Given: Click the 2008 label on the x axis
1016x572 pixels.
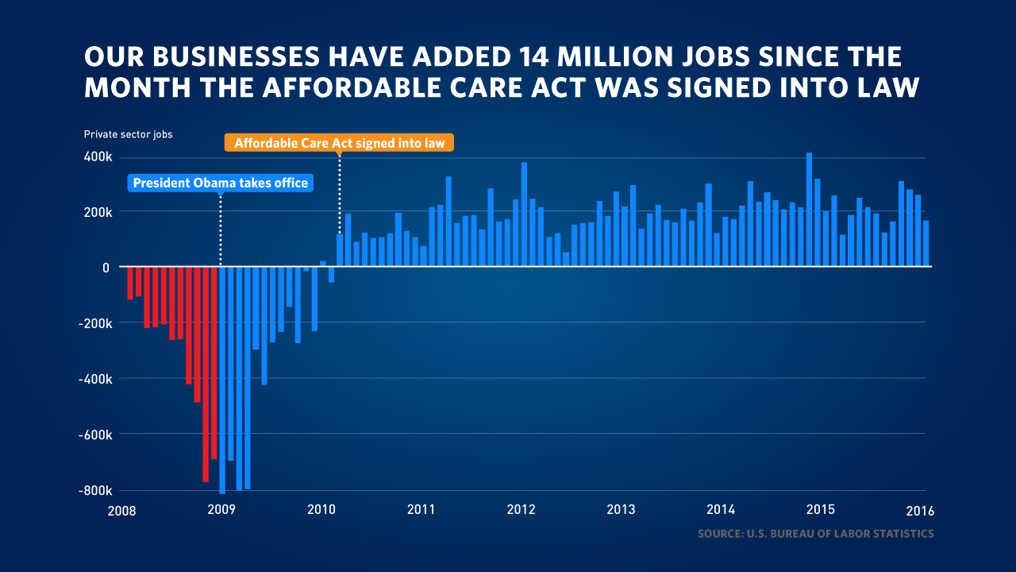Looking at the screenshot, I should tap(121, 510).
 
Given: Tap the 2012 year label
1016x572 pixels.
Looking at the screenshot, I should tap(521, 510).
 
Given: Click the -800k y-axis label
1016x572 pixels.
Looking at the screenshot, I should tap(94, 490).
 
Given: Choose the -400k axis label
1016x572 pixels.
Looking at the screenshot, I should tap(94, 379).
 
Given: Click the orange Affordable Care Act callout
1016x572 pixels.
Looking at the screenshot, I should tap(339, 143).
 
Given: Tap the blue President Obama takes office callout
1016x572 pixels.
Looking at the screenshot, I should tap(220, 184).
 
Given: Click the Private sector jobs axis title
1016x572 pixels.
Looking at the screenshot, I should tap(128, 134).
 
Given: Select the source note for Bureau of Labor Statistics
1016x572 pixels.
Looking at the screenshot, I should tap(815, 534).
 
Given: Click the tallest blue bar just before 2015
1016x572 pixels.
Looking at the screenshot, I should tap(809, 210).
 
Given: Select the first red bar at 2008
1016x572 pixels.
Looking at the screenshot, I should tap(130, 283).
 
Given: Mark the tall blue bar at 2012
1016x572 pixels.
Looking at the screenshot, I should tap(524, 214).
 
